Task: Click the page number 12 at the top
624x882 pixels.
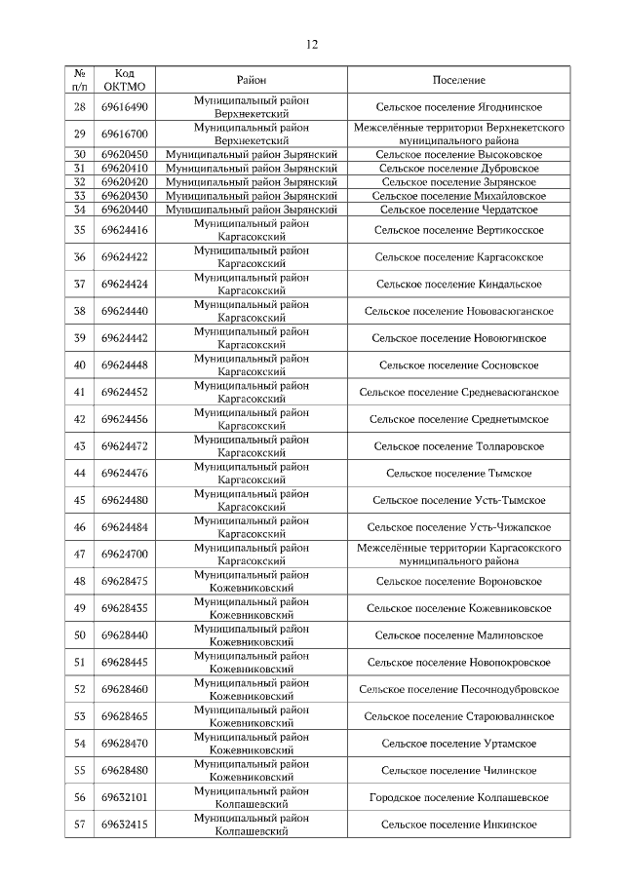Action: pyautogui.click(x=312, y=44)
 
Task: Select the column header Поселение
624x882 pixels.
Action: pyautogui.click(x=458, y=80)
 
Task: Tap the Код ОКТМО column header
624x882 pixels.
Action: pyautogui.click(x=124, y=80)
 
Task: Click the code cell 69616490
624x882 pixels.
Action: pyautogui.click(x=124, y=107)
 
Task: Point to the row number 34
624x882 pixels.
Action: pyautogui.click(x=80, y=209)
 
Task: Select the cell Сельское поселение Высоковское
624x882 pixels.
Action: pyautogui.click(x=458, y=154)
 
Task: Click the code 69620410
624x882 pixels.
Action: pyautogui.click(x=124, y=168)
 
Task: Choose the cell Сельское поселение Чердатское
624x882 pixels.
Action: pyautogui.click(x=458, y=209)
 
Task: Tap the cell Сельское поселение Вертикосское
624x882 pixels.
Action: pyautogui.click(x=458, y=230)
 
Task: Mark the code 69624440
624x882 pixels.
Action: pyautogui.click(x=124, y=311)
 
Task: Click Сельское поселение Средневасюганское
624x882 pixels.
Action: pyautogui.click(x=458, y=392)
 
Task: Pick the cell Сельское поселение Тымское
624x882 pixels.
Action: pyautogui.click(x=458, y=473)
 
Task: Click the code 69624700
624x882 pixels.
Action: pyautogui.click(x=124, y=555)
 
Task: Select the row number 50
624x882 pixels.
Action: pyautogui.click(x=80, y=635)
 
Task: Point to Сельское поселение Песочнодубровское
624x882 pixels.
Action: pyautogui.click(x=458, y=689)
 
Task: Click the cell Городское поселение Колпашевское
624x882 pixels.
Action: pyautogui.click(x=458, y=797)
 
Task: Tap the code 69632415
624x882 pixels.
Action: pyautogui.click(x=124, y=824)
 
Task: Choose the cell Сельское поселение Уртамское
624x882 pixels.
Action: pyautogui.click(x=458, y=744)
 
